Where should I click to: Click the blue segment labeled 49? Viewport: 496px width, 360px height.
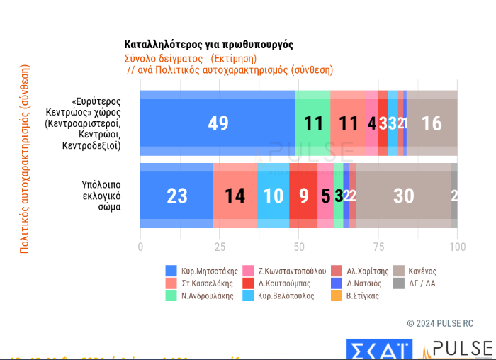pyautogui.click(x=218, y=123)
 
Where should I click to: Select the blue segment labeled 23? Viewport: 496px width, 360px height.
pyautogui.click(x=176, y=196)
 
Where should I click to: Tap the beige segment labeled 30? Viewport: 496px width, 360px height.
pyautogui.click(x=403, y=196)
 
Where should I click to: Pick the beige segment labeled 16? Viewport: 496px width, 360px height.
pyautogui.click(x=432, y=123)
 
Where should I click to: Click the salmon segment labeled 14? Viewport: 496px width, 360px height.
pyautogui.click(x=235, y=196)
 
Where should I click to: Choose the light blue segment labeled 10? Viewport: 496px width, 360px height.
pyautogui.click(x=273, y=196)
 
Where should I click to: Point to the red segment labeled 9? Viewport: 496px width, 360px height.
pyautogui.click(x=303, y=196)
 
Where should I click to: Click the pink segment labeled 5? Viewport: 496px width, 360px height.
pyautogui.click(x=325, y=196)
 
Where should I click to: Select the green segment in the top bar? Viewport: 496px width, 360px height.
pyautogui.click(x=312, y=123)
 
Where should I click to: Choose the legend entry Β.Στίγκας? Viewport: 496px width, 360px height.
pyautogui.click(x=363, y=296)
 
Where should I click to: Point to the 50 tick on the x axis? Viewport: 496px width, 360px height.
pyautogui.click(x=299, y=247)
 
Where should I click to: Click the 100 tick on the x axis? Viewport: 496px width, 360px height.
pyautogui.click(x=458, y=247)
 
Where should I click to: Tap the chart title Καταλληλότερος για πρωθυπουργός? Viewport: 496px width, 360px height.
pyautogui.click(x=208, y=45)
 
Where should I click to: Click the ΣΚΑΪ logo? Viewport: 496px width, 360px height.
pyautogui.click(x=378, y=349)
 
